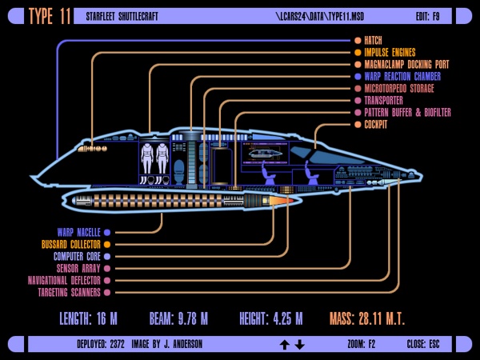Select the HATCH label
point(374,40)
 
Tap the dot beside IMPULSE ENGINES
point(358,52)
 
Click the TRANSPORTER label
point(383,101)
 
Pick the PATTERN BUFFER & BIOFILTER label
point(407,113)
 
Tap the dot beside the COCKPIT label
point(358,125)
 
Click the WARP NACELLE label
point(78,232)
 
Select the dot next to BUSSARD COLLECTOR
point(106,244)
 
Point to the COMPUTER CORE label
point(77,256)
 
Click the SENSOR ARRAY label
point(78,269)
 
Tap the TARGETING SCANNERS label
point(69,293)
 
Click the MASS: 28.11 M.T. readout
point(367,319)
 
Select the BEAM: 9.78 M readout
point(179,319)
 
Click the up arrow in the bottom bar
point(283,344)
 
